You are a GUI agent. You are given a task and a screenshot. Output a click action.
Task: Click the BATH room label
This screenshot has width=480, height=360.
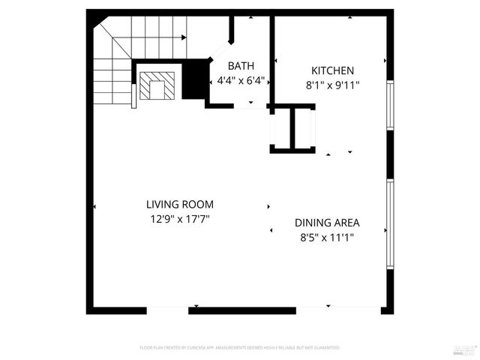pyautogui.click(x=241, y=66)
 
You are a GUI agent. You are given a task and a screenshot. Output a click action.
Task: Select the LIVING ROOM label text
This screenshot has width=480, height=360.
pyautogui.click(x=180, y=204)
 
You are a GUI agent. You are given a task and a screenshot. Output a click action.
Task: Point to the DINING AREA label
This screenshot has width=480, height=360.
pyautogui.click(x=327, y=223)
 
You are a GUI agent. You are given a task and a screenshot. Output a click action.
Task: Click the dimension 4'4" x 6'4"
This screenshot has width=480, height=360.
pyautogui.click(x=241, y=80)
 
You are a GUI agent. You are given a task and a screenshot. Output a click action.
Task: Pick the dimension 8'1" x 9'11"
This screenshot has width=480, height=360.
pyautogui.click(x=331, y=85)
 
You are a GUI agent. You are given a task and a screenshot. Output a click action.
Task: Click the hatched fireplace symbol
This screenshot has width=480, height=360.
pyautogui.click(x=157, y=85)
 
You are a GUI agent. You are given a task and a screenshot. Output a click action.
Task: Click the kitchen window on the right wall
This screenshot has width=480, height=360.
pyautogui.click(x=390, y=105)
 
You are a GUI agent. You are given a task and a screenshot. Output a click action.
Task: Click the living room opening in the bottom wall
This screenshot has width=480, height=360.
pyautogui.click(x=167, y=310)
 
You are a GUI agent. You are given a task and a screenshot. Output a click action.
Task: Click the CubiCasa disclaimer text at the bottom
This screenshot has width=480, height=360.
pyautogui.click(x=240, y=348)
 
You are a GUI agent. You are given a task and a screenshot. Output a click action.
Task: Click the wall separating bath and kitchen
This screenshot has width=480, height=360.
pyautogui.click(x=271, y=60)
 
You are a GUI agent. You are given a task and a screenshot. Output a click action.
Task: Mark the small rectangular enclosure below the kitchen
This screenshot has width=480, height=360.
pyautogui.click(x=293, y=129)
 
